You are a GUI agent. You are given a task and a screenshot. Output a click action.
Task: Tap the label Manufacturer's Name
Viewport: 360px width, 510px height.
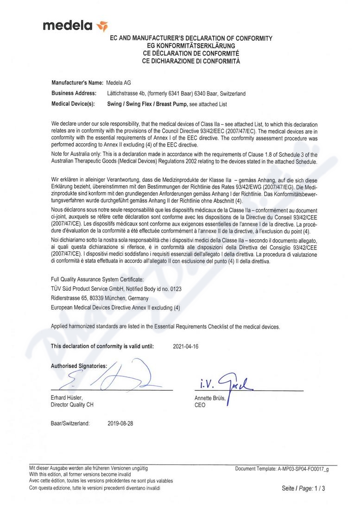(76, 83)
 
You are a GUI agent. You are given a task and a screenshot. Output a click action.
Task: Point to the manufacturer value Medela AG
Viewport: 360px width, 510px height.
(119, 83)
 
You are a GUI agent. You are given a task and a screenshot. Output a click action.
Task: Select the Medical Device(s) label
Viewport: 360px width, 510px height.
(73, 104)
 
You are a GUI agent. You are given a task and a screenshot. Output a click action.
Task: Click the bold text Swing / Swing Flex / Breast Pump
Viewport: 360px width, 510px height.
(147, 104)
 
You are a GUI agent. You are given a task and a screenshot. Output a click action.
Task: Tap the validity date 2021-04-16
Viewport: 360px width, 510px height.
(185, 346)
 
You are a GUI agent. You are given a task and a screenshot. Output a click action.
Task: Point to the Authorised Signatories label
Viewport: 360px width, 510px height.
(79, 366)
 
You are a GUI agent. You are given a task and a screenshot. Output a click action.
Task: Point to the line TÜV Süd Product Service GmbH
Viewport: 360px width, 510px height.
(116, 289)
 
